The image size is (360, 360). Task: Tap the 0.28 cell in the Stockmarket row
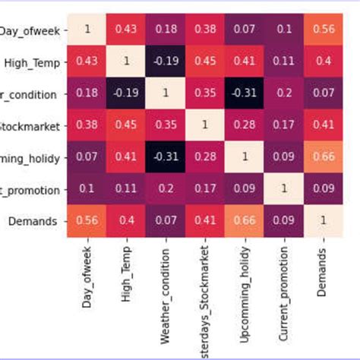coord(244,124)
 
